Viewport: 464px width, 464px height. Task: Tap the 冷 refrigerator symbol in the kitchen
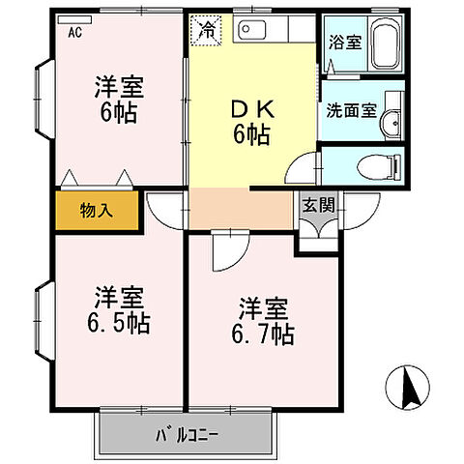point(207,30)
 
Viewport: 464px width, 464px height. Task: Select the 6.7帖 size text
point(262,334)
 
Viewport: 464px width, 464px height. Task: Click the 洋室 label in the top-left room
point(119,86)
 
